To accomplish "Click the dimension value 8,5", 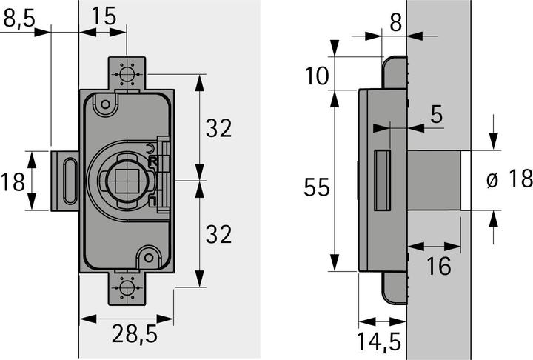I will [18, 18].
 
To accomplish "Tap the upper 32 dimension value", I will [218, 128].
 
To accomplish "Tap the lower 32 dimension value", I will [218, 235].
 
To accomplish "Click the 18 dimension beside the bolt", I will [14, 180].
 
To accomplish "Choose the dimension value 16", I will [439, 265].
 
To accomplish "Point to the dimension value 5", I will [435, 115].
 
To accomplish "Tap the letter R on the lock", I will [152, 159].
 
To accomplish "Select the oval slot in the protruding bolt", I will [70, 180].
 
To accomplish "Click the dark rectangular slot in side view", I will [383, 179].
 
